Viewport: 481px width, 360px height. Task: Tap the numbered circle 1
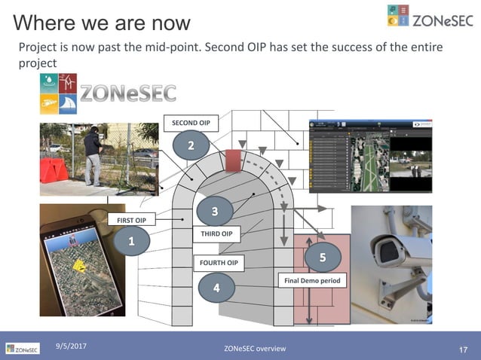[131, 242]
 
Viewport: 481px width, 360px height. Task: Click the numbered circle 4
[217, 287]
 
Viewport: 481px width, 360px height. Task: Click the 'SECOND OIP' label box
[191, 122]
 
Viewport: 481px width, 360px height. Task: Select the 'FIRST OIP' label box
[131, 219]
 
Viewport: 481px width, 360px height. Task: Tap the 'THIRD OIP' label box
[217, 234]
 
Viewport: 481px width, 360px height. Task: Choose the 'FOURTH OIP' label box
[219, 263]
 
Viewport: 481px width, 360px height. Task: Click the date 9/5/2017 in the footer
[72, 345]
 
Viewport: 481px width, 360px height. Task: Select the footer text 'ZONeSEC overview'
[255, 349]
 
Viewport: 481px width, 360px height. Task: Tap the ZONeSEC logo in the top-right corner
[430, 20]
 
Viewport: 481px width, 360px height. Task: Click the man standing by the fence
[92, 156]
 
